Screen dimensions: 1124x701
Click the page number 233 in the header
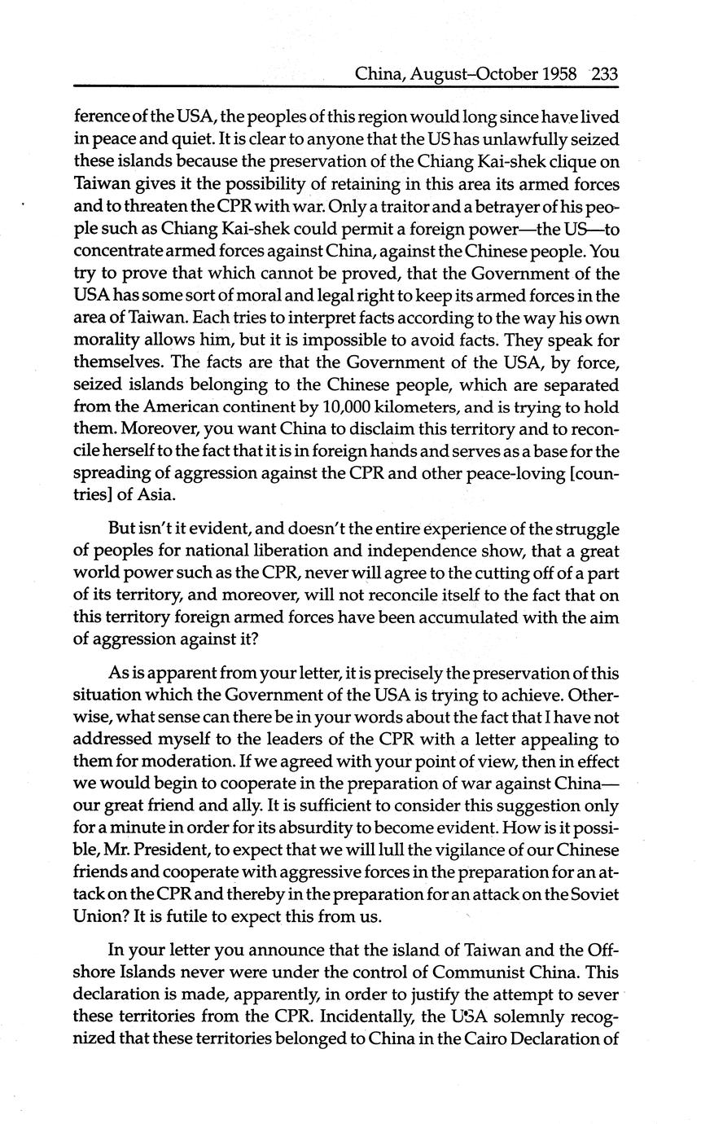click(x=605, y=75)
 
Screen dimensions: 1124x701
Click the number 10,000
click(x=322, y=405)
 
